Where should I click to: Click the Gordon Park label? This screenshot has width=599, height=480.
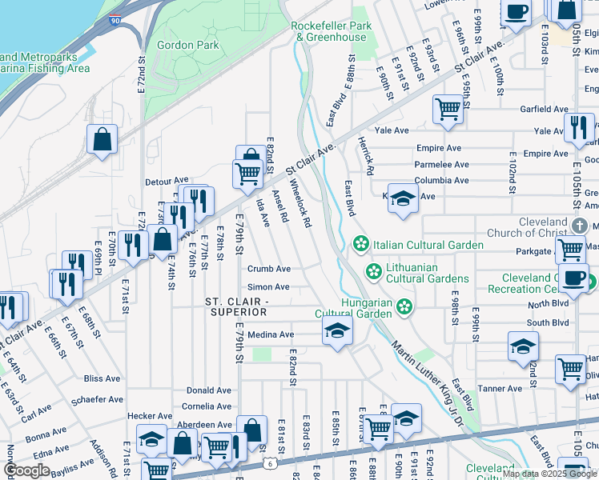point(188,46)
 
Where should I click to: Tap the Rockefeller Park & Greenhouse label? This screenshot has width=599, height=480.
point(332,31)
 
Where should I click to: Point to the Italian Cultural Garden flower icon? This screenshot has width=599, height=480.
point(361,244)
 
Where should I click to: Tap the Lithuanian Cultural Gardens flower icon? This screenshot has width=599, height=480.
point(372,270)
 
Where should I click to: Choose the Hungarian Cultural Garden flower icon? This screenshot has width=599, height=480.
point(405,306)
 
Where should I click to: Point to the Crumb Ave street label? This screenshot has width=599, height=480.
point(268,270)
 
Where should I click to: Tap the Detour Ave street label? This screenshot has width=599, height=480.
point(167,182)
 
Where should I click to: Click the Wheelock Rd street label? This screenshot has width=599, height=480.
point(299,203)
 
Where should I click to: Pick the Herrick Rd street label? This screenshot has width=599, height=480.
point(367,155)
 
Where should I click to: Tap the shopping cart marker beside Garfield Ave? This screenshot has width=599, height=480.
point(448,110)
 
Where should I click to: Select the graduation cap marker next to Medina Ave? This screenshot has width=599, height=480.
point(337,331)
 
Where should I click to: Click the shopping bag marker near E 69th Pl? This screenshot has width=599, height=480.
point(103,139)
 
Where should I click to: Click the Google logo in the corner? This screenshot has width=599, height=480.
point(26,470)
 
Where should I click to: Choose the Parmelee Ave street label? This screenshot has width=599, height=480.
point(442,164)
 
